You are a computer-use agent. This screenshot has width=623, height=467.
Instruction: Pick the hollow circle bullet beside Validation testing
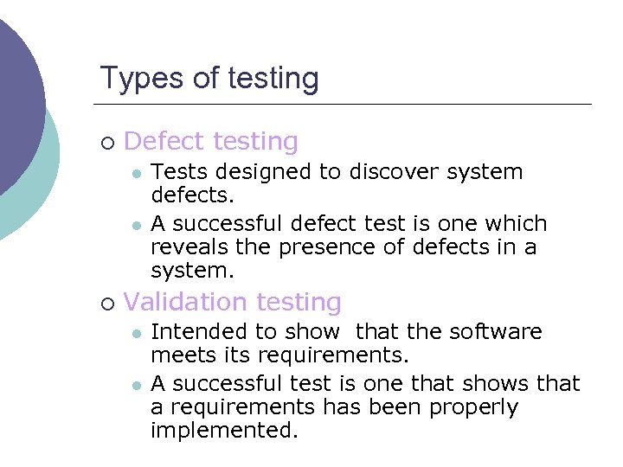106,304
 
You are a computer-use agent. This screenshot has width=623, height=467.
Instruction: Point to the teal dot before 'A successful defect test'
136,225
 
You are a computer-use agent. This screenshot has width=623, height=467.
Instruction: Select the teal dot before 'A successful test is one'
136,384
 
